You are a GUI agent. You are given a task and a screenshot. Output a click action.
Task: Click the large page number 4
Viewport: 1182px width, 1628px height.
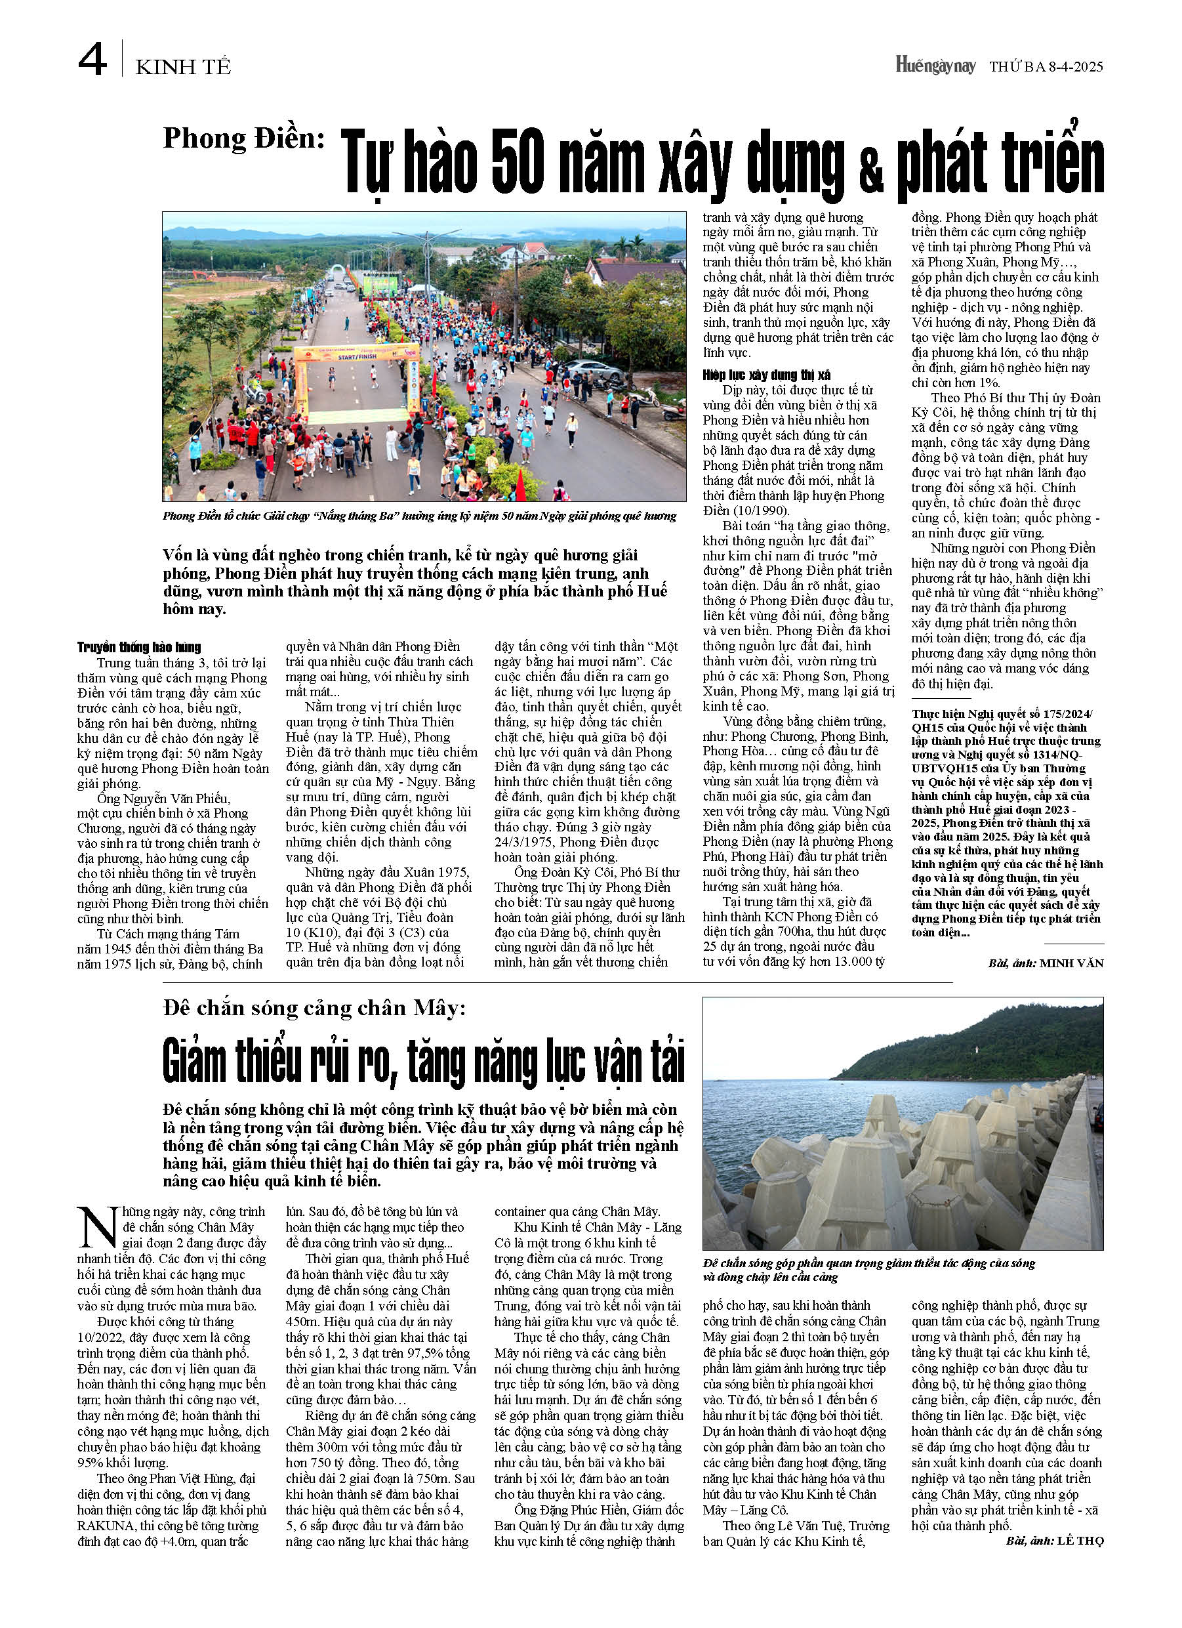[x=92, y=60]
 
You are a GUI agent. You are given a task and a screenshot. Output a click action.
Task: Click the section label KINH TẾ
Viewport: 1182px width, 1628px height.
[x=183, y=68]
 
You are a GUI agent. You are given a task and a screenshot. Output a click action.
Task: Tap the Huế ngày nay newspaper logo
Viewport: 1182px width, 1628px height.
[x=935, y=66]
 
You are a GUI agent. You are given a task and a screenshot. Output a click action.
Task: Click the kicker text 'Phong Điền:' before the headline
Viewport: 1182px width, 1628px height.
[x=244, y=138]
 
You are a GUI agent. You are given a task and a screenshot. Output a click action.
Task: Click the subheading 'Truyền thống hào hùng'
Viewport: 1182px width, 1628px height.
[x=139, y=647]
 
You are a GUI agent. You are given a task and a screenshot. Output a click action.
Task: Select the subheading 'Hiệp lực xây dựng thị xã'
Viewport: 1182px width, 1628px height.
[x=767, y=375]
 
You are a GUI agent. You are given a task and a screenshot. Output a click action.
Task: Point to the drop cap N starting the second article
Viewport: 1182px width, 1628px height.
[x=97, y=1228]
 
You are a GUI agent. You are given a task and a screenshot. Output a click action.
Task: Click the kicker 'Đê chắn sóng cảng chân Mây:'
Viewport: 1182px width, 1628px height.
[x=314, y=1009]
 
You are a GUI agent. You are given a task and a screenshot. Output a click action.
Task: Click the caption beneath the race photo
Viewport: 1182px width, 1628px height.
[x=419, y=515]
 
